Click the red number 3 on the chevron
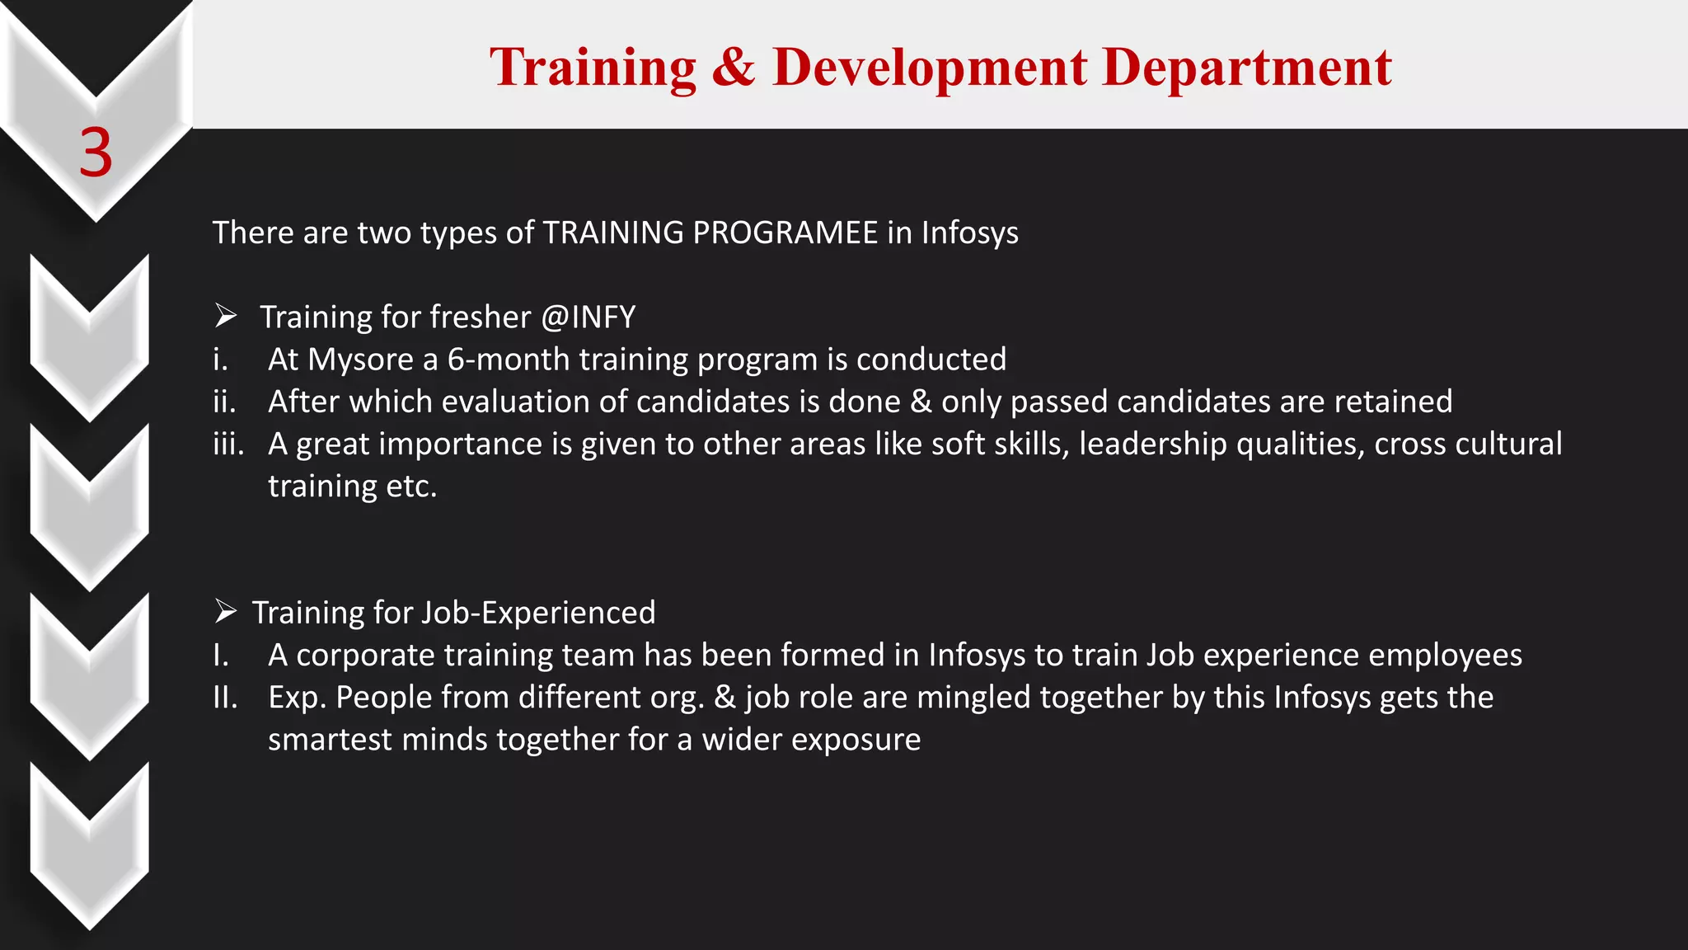click(x=96, y=153)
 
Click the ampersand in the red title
click(x=733, y=68)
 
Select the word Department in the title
click(x=1247, y=68)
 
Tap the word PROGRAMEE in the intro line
click(x=785, y=233)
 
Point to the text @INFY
click(x=588, y=317)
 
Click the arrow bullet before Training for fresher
click(x=226, y=316)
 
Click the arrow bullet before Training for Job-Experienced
click(x=226, y=612)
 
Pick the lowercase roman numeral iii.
click(x=228, y=444)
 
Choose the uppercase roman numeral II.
click(x=224, y=698)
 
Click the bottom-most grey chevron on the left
click(x=90, y=845)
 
